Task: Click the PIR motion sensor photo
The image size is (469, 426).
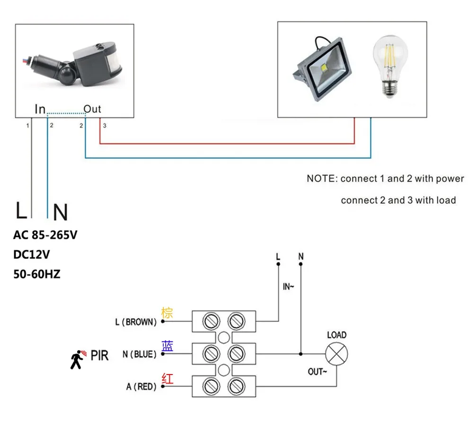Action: click(x=72, y=64)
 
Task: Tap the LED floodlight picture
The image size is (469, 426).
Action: click(x=322, y=69)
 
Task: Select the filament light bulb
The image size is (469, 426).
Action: click(x=390, y=66)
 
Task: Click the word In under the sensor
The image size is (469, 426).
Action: click(x=40, y=109)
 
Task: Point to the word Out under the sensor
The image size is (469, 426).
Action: click(x=92, y=109)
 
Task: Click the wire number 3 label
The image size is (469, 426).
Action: click(x=105, y=126)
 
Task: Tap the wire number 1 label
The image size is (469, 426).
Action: click(x=28, y=126)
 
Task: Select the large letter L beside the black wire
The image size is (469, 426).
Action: click(x=21, y=210)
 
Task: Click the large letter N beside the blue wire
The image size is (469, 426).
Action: click(x=61, y=212)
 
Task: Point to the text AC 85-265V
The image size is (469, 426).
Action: click(x=45, y=235)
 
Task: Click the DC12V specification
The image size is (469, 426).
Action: click(x=32, y=255)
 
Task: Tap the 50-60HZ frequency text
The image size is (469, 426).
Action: click(x=37, y=274)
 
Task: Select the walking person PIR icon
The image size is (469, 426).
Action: click(x=78, y=359)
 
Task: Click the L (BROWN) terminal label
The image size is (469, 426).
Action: click(x=136, y=322)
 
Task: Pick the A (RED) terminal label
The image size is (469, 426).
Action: click(x=141, y=387)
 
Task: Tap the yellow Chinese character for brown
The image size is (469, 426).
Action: click(x=167, y=313)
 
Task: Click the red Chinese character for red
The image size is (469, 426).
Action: click(x=168, y=378)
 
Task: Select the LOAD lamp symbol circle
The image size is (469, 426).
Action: click(x=336, y=354)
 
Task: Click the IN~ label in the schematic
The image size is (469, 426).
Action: click(x=288, y=287)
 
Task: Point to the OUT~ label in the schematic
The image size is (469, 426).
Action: click(x=318, y=372)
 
